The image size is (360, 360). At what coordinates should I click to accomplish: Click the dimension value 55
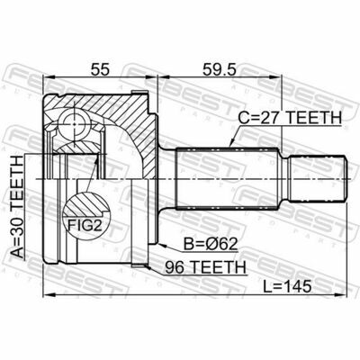pyautogui.click(x=100, y=69)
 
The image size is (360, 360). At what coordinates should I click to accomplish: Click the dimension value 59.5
pyautogui.click(x=220, y=69)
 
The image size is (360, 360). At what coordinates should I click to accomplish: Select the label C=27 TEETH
pyautogui.click(x=290, y=118)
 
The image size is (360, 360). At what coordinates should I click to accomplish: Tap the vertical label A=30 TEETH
pyautogui.click(x=17, y=207)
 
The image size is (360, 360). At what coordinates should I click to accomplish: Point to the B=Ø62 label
pyautogui.click(x=211, y=245)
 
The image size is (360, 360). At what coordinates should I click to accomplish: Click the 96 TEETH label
pyautogui.click(x=206, y=266)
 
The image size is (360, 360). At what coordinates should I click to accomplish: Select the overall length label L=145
pyautogui.click(x=287, y=287)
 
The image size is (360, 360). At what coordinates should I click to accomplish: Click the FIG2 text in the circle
pyautogui.click(x=85, y=226)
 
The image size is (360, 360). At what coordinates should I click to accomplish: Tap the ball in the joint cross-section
pyautogui.click(x=74, y=123)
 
